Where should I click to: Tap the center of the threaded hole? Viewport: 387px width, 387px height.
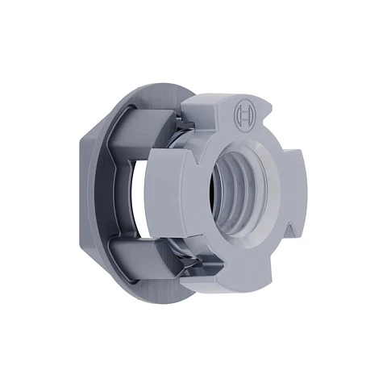[x=238, y=193]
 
